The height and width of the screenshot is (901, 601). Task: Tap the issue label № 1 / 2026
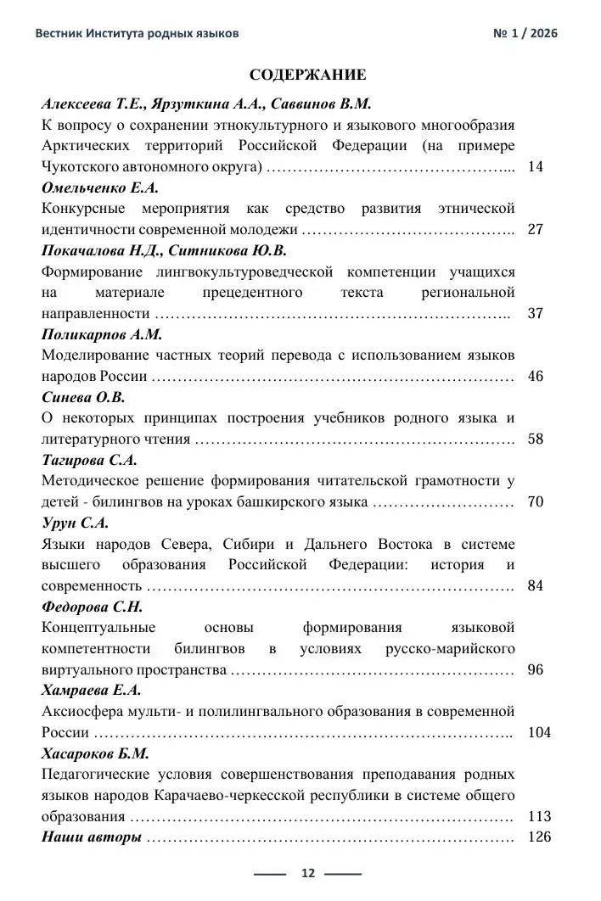[525, 33]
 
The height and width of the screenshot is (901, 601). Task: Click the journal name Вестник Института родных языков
[137, 33]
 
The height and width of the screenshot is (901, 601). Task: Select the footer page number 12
[307, 873]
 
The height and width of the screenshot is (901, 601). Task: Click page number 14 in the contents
[535, 166]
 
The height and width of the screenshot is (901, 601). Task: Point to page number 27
[535, 229]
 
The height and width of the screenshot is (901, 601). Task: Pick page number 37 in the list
[535, 313]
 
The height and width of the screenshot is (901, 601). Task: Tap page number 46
[535, 376]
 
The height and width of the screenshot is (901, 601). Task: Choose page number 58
[535, 439]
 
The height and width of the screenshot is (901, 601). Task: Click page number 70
[535, 501]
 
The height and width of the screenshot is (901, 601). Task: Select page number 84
[535, 585]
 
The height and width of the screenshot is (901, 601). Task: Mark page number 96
[535, 669]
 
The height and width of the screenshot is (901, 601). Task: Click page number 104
[538, 732]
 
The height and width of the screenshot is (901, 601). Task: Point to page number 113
[538, 816]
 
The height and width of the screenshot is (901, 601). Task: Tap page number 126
[538, 837]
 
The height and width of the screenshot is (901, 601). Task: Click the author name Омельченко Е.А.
[100, 187]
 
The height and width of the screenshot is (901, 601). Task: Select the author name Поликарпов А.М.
[101, 334]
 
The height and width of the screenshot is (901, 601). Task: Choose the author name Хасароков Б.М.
[95, 753]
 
